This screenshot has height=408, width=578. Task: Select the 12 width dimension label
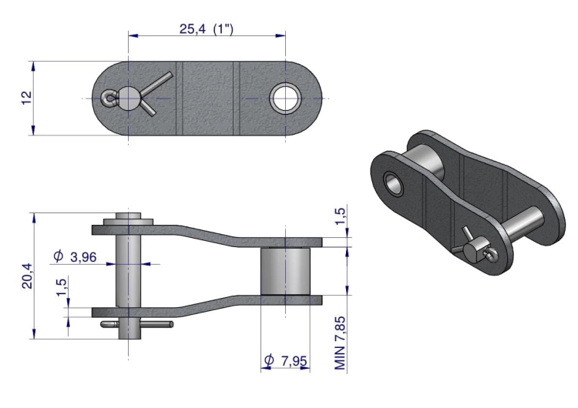[x=27, y=99]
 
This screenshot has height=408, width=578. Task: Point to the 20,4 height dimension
[x=27, y=276]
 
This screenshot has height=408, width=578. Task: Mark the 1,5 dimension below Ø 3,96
[x=62, y=287]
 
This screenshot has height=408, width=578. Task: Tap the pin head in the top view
[x=127, y=98]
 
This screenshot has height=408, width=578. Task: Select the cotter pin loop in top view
[x=108, y=98]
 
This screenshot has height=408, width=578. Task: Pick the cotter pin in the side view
[x=139, y=326]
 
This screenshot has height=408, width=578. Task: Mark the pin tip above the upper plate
[x=128, y=218]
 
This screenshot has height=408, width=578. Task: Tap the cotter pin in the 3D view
[x=472, y=241]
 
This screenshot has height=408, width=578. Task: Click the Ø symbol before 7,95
[x=269, y=360]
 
